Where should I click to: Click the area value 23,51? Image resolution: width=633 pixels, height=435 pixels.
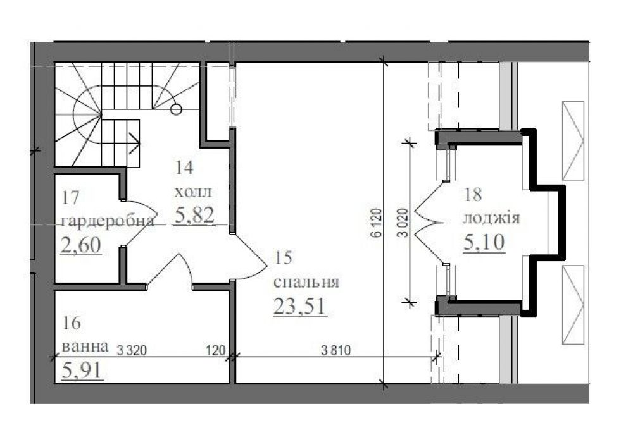coord(300,307)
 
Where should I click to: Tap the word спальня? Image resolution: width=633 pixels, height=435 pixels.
coord(306,282)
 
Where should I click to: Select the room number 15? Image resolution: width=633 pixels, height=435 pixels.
coord(283,258)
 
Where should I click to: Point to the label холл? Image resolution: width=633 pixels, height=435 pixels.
coord(192,192)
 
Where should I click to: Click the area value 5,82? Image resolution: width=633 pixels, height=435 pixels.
coord(194,215)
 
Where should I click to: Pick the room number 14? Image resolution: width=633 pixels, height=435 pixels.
coord(184,168)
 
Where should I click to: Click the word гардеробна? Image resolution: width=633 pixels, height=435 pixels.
coord(108,221)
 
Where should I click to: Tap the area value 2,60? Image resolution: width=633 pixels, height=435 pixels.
coord(81,245)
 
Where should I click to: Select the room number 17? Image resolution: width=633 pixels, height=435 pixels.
coord(71,198)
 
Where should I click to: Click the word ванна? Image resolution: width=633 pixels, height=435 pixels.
coord(85,346)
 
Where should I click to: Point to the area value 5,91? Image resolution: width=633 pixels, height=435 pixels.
coord(82,370)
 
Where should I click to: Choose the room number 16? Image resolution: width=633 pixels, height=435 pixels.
coord(72,323)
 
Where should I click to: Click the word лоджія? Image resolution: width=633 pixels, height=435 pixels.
coord(491,218)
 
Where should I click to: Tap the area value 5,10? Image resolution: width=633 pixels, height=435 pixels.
coord(484,242)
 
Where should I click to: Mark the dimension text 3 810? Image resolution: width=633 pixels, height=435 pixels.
coord(336,350)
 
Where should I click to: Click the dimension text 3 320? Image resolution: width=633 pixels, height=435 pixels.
coord(132,350)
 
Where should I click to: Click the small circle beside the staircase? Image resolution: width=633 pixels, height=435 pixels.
coord(176,109)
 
